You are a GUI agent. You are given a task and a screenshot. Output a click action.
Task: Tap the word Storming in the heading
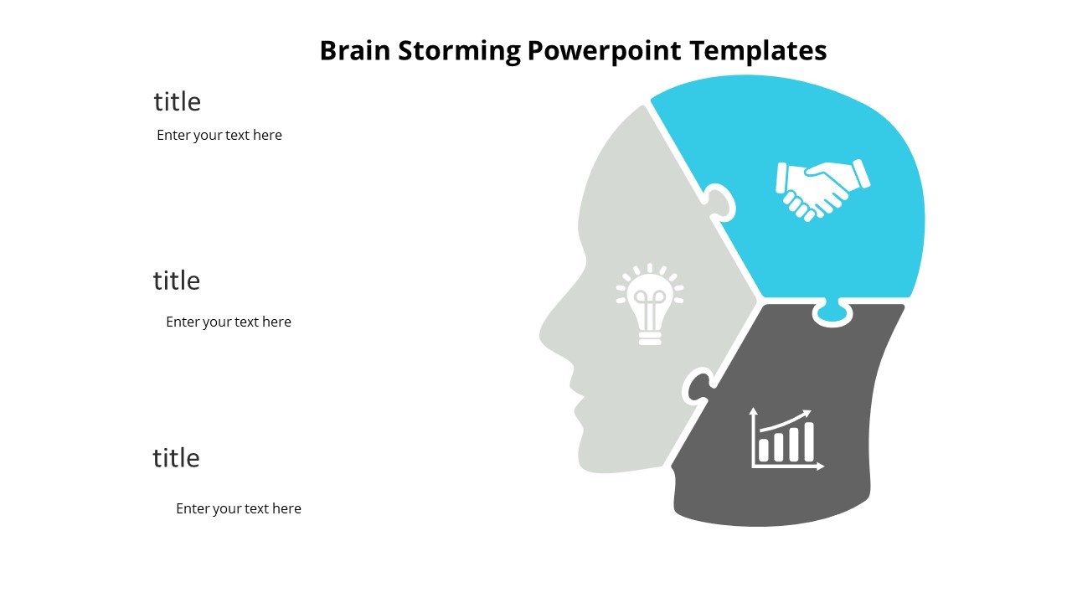tap(458, 51)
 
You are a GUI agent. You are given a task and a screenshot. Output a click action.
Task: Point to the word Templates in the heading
tap(759, 51)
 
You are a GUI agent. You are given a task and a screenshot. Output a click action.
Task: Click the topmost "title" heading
tap(177, 102)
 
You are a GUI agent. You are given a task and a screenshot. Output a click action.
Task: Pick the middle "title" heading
tap(176, 281)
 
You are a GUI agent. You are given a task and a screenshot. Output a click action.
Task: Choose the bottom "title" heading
tap(176, 458)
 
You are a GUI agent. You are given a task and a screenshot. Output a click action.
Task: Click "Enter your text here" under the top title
tap(219, 136)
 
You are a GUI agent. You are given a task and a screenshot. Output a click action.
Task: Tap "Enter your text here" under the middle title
tap(229, 322)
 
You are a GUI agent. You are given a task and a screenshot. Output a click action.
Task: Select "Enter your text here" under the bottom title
tap(239, 509)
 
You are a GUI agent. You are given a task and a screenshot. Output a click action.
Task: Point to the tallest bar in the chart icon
tap(809, 441)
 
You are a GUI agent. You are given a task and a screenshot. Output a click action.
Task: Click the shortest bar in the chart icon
tap(764, 450)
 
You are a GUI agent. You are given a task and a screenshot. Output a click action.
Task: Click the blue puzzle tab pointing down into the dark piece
tap(832, 312)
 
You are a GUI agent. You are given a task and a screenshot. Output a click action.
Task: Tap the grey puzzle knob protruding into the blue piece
tap(721, 202)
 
